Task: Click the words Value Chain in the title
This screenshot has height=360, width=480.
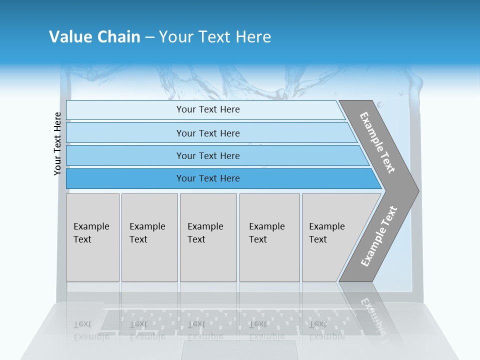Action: click(x=94, y=37)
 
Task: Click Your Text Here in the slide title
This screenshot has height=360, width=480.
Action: click(x=215, y=37)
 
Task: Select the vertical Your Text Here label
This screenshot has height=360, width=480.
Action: click(x=57, y=143)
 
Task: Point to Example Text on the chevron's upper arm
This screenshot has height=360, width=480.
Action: click(x=377, y=142)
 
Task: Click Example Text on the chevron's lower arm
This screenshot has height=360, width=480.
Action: click(x=378, y=236)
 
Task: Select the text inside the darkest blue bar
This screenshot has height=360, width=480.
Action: click(x=208, y=178)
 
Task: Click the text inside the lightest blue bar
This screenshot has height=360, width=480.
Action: click(x=208, y=109)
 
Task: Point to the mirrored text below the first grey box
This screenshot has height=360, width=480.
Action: click(x=91, y=330)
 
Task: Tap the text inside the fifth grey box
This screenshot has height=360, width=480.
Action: click(x=326, y=232)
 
